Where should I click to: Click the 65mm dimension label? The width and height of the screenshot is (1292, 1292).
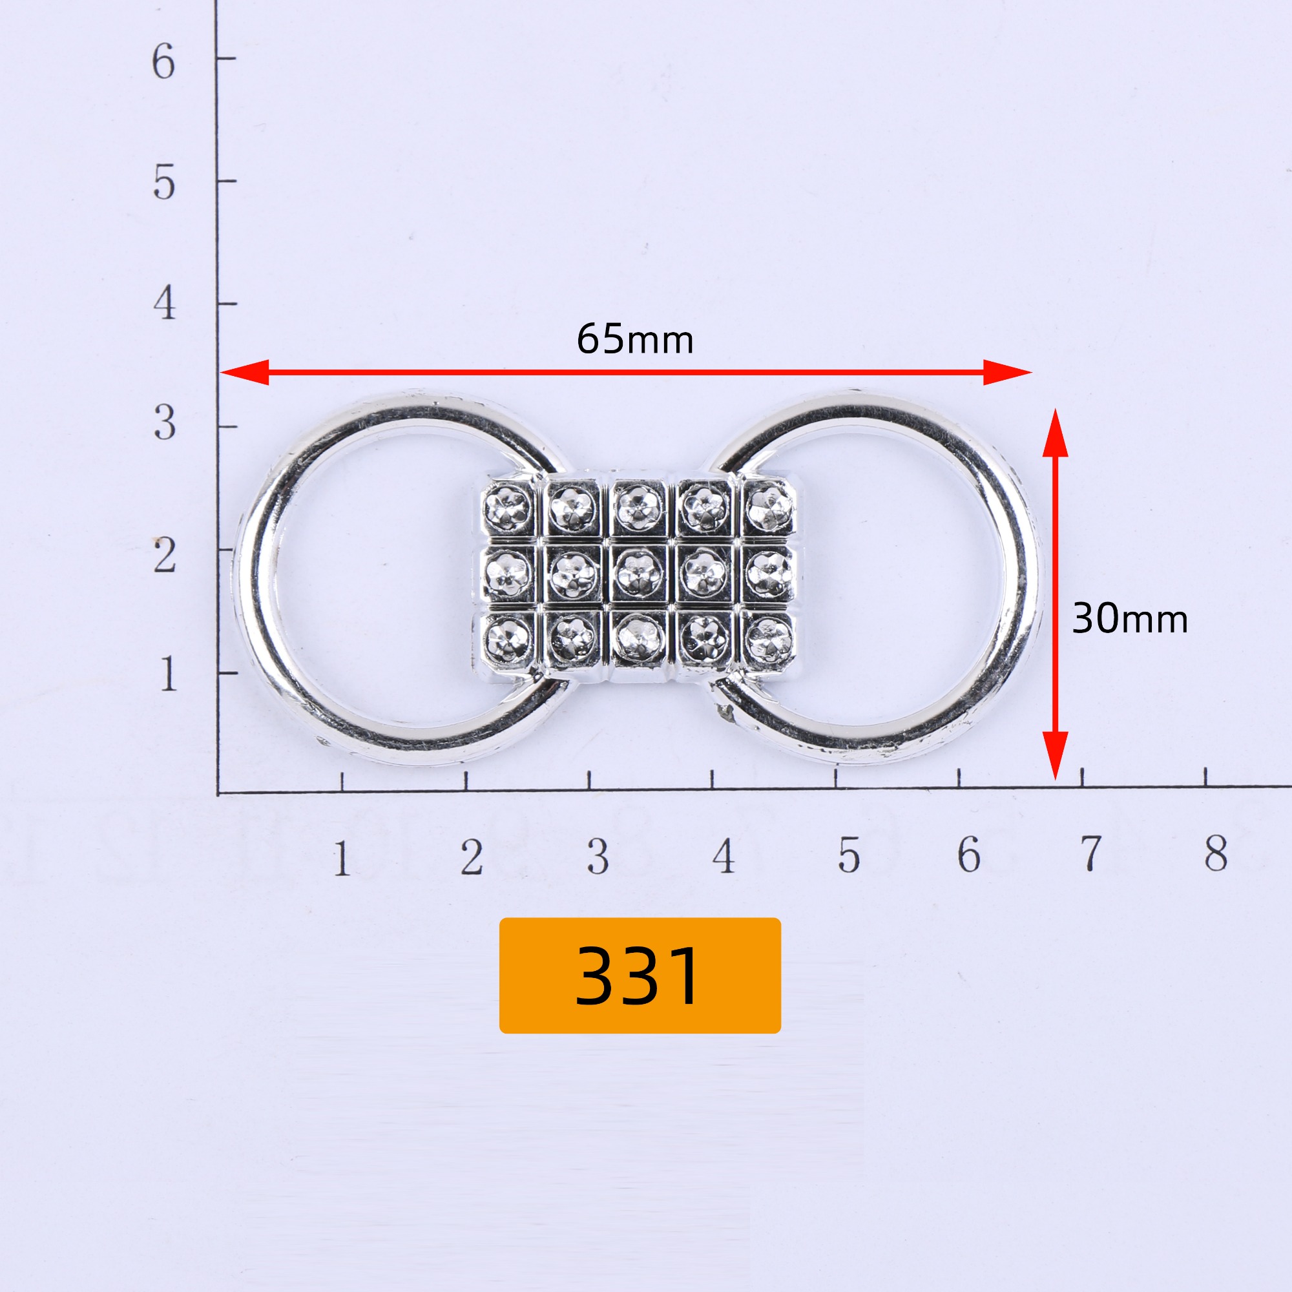click(x=634, y=339)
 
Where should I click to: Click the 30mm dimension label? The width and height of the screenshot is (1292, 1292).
click(x=1129, y=619)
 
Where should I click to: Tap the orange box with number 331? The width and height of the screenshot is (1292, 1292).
click(x=640, y=975)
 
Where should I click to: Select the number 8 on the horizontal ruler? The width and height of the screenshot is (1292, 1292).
click(x=1216, y=853)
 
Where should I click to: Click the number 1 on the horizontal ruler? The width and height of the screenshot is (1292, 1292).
click(x=342, y=858)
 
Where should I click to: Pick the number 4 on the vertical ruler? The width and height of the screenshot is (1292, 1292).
click(x=165, y=303)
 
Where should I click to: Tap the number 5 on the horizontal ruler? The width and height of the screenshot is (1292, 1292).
click(x=849, y=855)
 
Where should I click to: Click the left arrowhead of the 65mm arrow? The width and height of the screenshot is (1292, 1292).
click(x=245, y=373)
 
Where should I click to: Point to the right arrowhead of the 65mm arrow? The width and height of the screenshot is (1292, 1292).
click(x=1007, y=372)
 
